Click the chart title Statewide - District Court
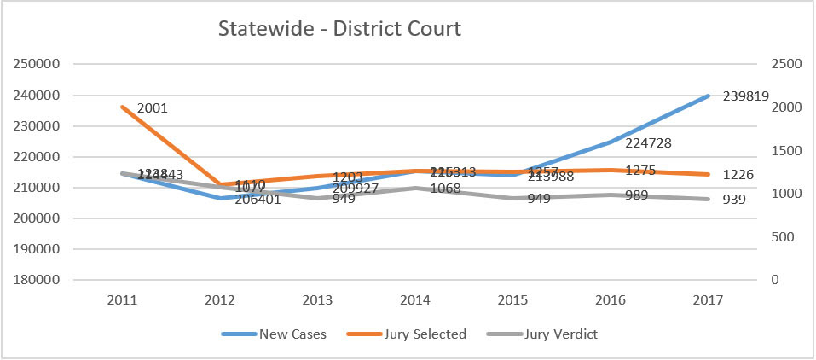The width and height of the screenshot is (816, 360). click(x=339, y=29)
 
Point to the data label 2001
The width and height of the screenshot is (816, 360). click(x=152, y=108)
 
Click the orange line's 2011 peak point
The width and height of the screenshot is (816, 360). click(x=123, y=107)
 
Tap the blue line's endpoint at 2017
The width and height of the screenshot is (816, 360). click(x=709, y=96)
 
